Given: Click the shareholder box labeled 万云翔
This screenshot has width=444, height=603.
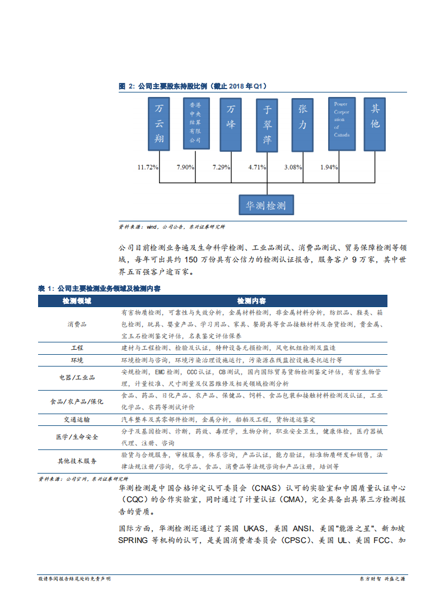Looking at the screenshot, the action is click(159, 124).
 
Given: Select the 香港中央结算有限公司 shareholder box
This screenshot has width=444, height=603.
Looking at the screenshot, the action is click(195, 124).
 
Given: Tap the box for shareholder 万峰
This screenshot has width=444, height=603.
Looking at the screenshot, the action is click(231, 124).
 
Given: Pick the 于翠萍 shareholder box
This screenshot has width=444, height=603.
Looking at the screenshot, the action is click(267, 125).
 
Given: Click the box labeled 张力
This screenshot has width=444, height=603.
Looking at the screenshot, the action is click(303, 124).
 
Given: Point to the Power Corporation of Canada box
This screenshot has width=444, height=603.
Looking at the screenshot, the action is click(341, 124).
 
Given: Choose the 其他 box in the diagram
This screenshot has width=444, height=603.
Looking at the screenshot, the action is click(375, 124).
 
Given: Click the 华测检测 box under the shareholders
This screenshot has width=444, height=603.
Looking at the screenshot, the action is click(266, 206).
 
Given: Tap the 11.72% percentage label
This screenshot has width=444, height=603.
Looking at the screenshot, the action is click(148, 167).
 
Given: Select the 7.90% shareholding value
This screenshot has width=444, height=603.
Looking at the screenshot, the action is click(185, 167).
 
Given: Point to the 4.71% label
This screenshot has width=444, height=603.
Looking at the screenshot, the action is click(257, 167).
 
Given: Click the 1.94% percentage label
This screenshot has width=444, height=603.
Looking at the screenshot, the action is click(329, 167).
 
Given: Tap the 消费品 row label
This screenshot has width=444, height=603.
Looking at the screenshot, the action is click(77, 324).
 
